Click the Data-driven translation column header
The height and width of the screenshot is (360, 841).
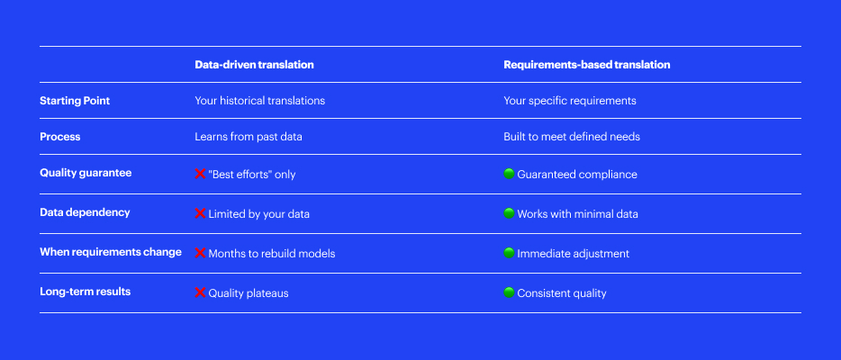(x=254, y=65)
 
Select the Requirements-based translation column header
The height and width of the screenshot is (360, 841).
(x=587, y=65)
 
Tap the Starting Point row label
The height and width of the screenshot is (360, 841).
(x=75, y=101)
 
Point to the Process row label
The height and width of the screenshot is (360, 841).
(x=60, y=137)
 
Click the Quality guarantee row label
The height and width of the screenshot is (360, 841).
(x=86, y=173)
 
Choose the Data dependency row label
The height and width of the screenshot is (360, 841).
(x=85, y=212)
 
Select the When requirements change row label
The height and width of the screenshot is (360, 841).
(x=111, y=252)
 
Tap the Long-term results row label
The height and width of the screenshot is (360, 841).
(x=86, y=292)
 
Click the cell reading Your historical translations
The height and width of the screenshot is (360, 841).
(x=259, y=101)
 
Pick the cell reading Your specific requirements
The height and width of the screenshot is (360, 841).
(x=570, y=101)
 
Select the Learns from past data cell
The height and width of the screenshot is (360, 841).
(x=249, y=137)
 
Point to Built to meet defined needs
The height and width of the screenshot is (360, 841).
(x=572, y=137)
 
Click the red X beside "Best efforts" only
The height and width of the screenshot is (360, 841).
(x=200, y=174)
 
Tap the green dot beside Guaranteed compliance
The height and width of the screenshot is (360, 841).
(x=509, y=174)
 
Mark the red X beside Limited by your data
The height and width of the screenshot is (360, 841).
(x=200, y=213)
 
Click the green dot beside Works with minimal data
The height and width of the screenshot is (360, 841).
(x=509, y=213)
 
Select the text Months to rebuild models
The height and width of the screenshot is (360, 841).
(x=272, y=254)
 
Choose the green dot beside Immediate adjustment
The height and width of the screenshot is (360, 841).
(x=509, y=253)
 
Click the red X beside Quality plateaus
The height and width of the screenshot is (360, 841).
(x=200, y=292)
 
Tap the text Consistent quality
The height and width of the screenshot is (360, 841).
(x=562, y=293)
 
